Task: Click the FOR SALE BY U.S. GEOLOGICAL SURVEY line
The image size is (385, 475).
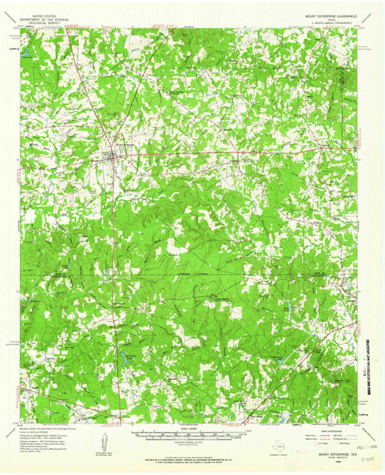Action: pos(192,458)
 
